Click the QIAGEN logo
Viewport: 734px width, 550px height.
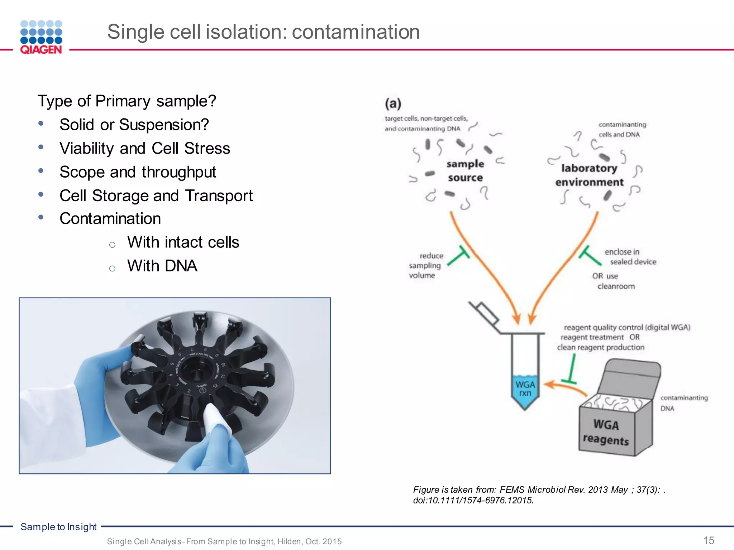(x=41, y=37)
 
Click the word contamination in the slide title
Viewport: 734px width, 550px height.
(x=356, y=32)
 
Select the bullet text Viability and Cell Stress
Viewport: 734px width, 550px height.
(x=145, y=148)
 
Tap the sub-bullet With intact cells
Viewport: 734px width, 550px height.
(x=183, y=242)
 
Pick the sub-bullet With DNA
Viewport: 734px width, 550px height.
(x=162, y=266)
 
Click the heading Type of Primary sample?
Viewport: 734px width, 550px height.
(x=127, y=101)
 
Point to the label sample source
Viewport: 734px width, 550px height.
(x=465, y=171)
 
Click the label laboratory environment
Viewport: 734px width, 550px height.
(x=589, y=175)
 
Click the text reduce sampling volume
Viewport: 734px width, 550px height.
(x=426, y=266)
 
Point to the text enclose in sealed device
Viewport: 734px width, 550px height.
(x=630, y=257)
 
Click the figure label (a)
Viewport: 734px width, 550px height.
(x=393, y=104)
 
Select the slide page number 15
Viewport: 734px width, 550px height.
(x=709, y=540)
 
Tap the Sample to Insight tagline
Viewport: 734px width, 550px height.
(x=58, y=527)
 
